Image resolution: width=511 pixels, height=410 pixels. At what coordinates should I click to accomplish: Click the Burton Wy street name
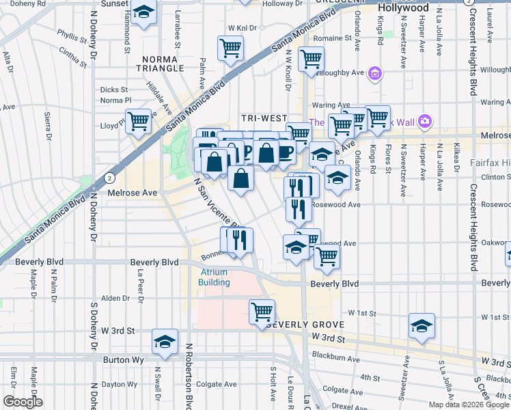[122, 359]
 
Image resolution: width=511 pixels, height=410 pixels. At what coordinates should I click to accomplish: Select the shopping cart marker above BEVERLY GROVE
[262, 312]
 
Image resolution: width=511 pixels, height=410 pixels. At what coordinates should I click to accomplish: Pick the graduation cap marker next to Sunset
[143, 12]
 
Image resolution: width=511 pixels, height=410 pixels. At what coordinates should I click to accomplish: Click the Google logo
[23, 402]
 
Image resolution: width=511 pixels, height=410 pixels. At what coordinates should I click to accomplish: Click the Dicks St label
[114, 90]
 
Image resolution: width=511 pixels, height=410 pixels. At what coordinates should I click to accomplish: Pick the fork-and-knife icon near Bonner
[238, 240]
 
